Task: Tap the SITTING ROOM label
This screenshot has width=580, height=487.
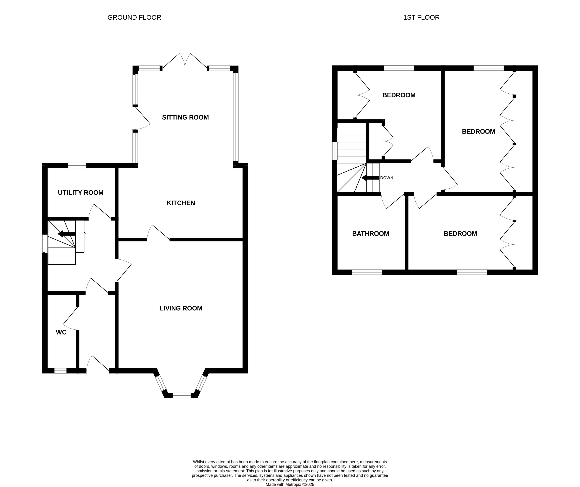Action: pos(185,117)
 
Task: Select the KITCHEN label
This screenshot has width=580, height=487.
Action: pos(181,203)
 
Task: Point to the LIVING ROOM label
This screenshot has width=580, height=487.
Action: pos(181,308)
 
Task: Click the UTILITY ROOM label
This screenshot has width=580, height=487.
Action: pos(81,193)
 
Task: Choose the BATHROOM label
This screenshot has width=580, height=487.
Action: pos(370,234)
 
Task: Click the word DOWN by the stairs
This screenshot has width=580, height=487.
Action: pos(386,178)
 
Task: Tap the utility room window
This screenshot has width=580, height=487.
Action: pos(77,165)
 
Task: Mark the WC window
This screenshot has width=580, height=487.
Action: pos(60,371)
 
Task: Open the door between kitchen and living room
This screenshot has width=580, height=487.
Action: pos(158,233)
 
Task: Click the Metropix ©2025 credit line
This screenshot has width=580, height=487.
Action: pos(290,484)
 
